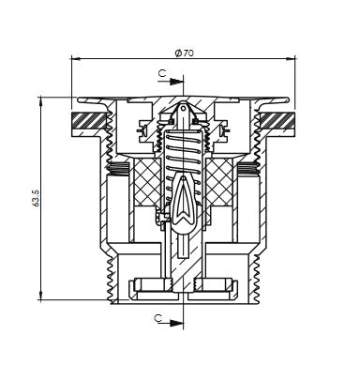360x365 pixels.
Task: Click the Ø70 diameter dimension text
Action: click(x=185, y=53)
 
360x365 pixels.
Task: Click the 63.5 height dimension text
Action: click(x=36, y=198)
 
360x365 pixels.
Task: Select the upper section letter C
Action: click(x=161, y=73)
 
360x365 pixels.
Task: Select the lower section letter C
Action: click(x=158, y=318)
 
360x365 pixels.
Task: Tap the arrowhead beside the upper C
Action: click(x=176, y=82)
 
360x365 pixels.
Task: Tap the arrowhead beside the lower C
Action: click(x=176, y=323)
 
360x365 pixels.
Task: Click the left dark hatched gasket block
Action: click(x=88, y=121)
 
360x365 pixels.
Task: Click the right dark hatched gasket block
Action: click(x=277, y=121)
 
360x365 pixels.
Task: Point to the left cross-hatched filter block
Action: click(x=148, y=182)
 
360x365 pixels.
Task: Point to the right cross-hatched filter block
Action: click(x=218, y=182)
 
